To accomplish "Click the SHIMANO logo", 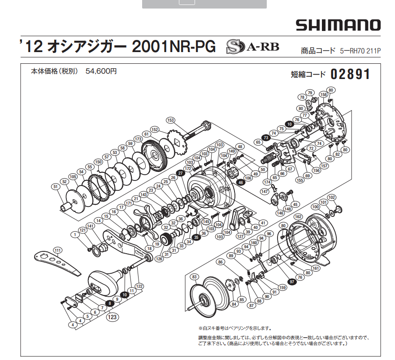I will [x=338, y=25].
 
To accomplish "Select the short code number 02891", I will [x=351, y=74].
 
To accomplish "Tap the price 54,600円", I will [x=101, y=71].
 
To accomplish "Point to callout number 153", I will [x=170, y=120].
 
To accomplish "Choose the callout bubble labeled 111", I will [x=57, y=250].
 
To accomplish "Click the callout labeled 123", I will [x=113, y=317].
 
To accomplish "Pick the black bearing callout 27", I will [x=180, y=173].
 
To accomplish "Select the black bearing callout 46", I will [x=240, y=182].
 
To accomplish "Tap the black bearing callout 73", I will [x=266, y=137].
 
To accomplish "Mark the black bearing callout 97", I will [x=292, y=281].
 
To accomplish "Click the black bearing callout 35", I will [x=196, y=237].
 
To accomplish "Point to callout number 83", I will [x=194, y=277].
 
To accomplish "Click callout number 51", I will [x=56, y=187].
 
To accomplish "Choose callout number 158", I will [x=322, y=95].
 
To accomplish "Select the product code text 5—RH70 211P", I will [x=360, y=51].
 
